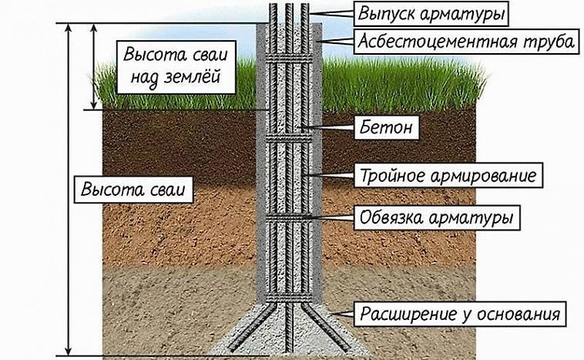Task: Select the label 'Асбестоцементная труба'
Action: pyautogui.click(x=465, y=42)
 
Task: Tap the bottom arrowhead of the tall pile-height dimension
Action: pyautogui.click(x=70, y=351)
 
